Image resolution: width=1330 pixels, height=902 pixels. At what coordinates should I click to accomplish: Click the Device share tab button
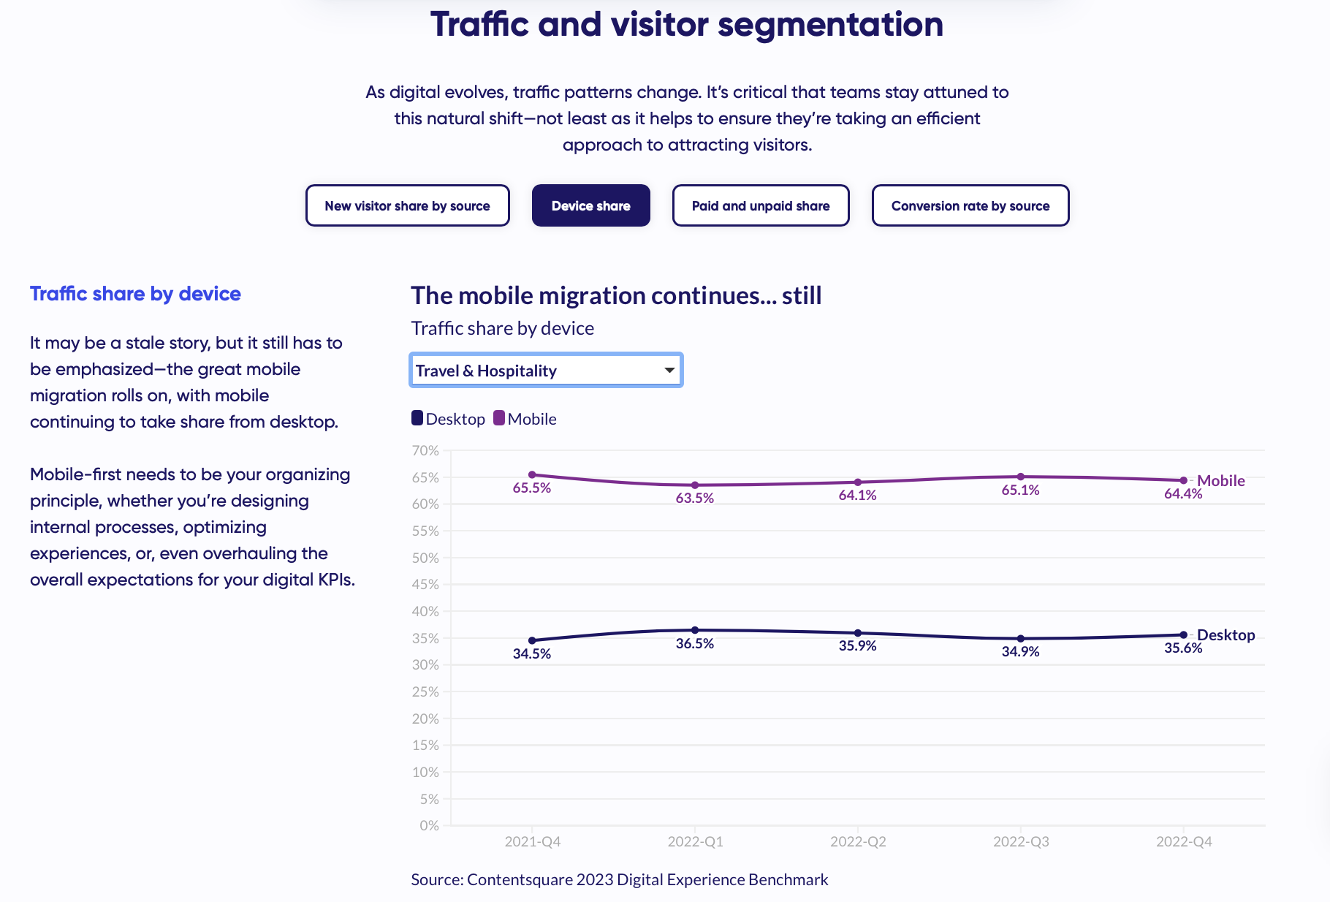tap(590, 206)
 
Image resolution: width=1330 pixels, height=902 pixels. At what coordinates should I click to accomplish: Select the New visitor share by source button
tap(407, 206)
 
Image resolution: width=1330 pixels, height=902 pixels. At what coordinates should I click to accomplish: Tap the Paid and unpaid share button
tap(760, 206)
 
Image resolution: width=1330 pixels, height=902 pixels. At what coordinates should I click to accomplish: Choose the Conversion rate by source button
tap(970, 206)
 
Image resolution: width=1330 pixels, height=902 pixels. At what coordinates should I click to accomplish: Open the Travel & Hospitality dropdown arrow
tap(669, 371)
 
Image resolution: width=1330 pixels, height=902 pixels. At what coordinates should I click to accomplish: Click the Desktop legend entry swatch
tap(417, 418)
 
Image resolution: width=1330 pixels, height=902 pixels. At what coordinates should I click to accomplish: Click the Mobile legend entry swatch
tap(499, 418)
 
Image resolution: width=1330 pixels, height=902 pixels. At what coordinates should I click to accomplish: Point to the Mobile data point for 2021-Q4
tap(532, 475)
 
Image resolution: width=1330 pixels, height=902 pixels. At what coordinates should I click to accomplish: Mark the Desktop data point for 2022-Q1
tap(695, 630)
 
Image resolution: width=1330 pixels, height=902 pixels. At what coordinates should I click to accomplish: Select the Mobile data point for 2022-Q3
tap(1021, 477)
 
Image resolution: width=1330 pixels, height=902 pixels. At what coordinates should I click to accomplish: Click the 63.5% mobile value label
tap(694, 499)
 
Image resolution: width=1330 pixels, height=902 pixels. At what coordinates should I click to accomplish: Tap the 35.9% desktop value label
tap(857, 646)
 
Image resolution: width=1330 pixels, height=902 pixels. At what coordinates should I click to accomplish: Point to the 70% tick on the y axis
tap(425, 451)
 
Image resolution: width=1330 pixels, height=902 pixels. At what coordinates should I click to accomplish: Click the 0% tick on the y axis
tap(429, 826)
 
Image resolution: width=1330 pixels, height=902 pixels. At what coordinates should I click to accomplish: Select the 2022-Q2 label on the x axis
tap(858, 842)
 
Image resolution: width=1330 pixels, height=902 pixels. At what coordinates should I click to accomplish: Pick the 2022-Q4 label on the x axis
tap(1184, 842)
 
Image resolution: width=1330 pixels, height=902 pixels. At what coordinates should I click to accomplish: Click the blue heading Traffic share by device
tap(135, 294)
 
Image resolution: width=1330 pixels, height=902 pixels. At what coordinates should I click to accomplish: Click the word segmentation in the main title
tap(830, 25)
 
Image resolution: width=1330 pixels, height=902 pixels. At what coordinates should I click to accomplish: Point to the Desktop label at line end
tap(1225, 635)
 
